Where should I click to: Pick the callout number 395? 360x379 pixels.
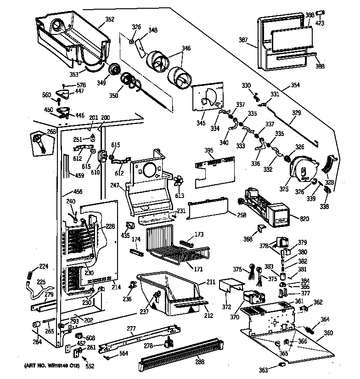tap(209, 151)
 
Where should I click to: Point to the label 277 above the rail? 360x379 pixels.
tap(131, 328)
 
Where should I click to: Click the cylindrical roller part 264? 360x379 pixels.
tap(36, 326)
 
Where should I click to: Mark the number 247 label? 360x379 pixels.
tap(115, 186)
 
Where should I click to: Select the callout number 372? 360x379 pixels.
tap(227, 306)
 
